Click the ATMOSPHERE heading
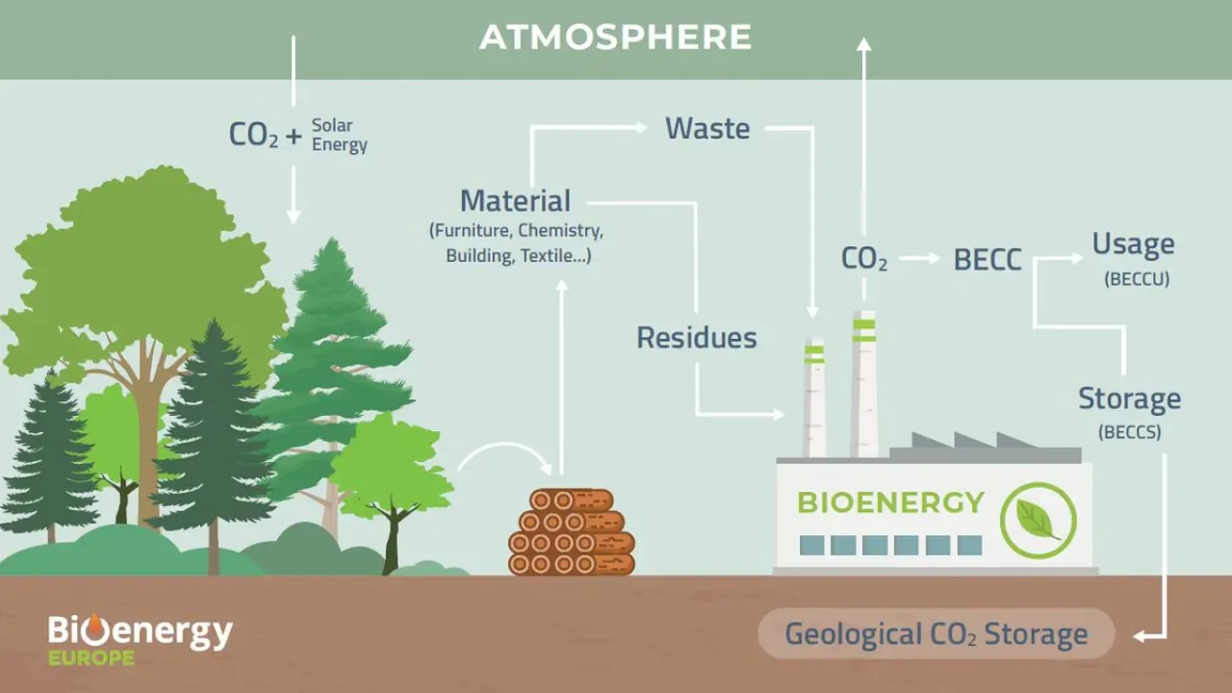click(615, 37)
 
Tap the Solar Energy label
click(340, 136)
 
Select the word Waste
click(707, 129)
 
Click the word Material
click(515, 201)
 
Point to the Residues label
click(696, 338)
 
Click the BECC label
click(988, 260)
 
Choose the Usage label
click(1133, 244)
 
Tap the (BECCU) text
click(1137, 279)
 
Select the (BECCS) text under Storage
click(1130, 432)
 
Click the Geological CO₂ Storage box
click(937, 633)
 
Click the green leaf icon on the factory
click(1038, 521)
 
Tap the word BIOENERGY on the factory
click(890, 502)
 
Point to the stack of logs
click(572, 532)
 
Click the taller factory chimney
click(864, 384)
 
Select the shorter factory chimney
click(814, 398)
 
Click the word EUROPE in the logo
click(91, 657)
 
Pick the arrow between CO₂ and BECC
click(919, 258)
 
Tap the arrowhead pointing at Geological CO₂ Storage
click(1141, 636)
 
